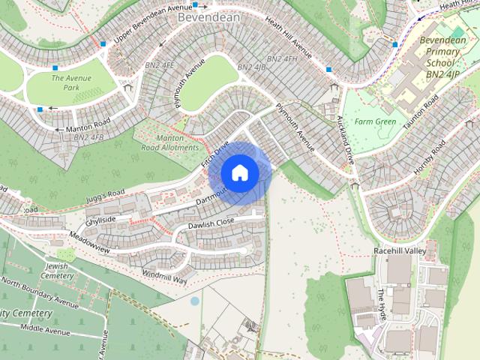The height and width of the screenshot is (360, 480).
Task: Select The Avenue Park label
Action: pyautogui.click(x=71, y=82)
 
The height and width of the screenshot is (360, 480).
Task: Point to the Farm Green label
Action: pyautogui.click(x=375, y=121)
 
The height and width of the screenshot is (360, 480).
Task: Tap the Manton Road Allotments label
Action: pyautogui.click(x=169, y=142)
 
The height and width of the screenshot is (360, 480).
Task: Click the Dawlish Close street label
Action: pyautogui.click(x=211, y=223)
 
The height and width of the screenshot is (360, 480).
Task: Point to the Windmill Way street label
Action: pyautogui.click(x=163, y=277)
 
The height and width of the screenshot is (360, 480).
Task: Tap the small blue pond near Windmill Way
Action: pyautogui.click(x=195, y=301)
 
